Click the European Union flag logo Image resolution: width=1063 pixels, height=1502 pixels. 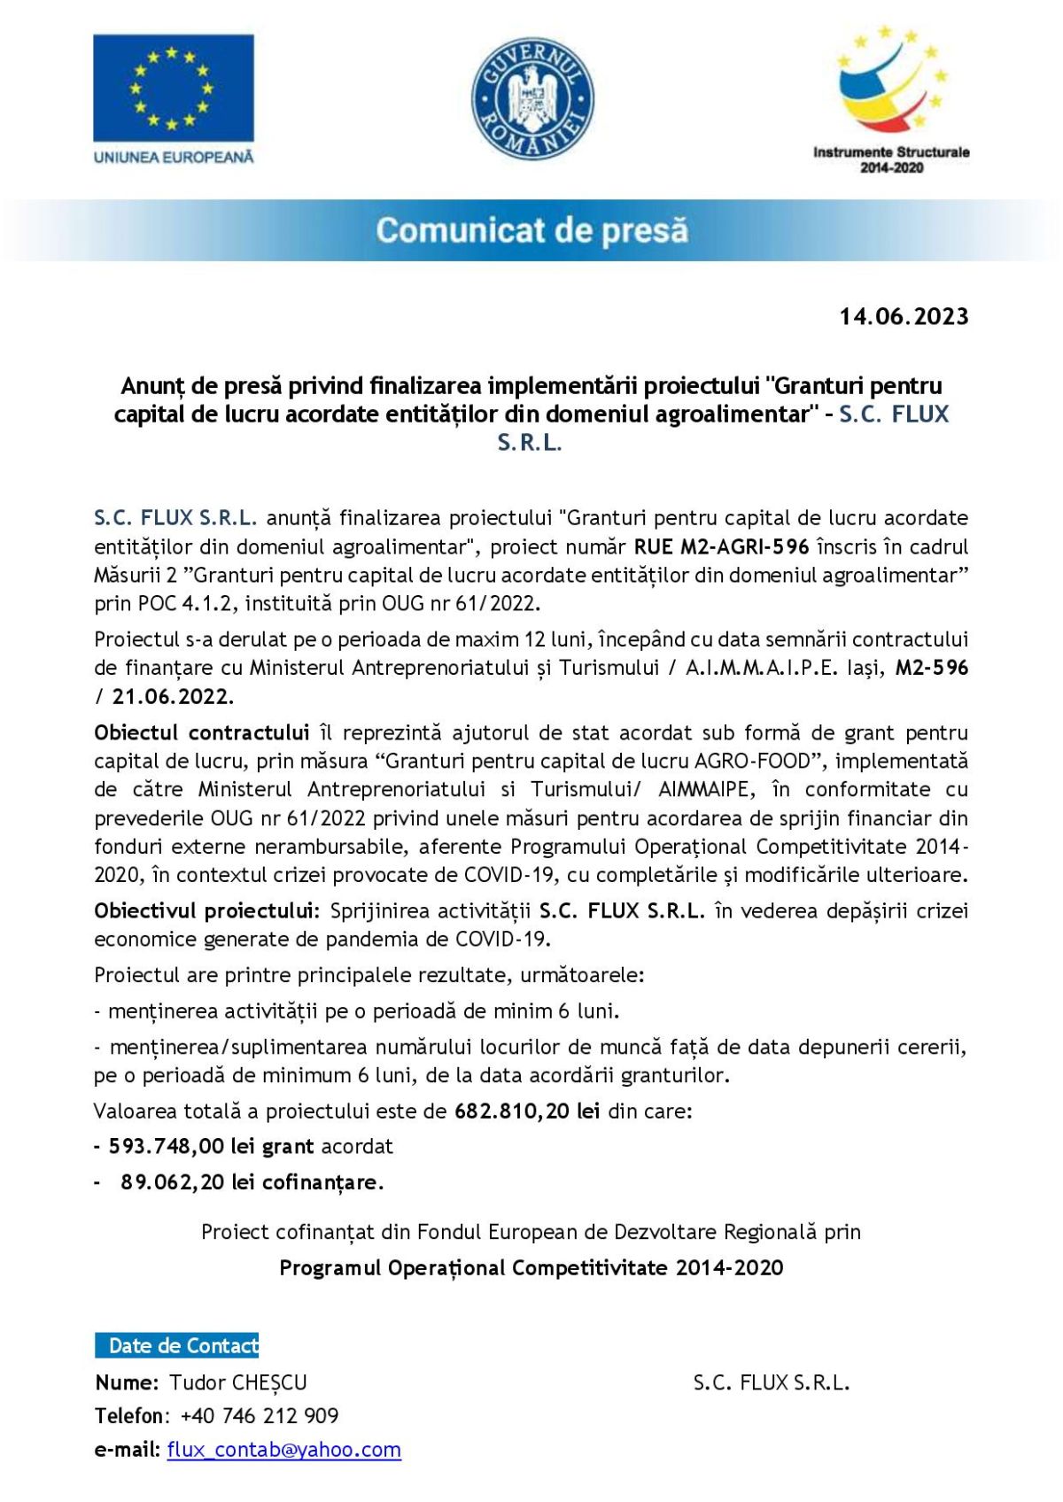tap(174, 88)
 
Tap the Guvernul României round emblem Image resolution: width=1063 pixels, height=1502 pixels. tap(532, 99)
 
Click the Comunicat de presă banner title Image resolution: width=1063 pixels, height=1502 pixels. tap(531, 230)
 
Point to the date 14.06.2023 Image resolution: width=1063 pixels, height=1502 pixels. tap(904, 317)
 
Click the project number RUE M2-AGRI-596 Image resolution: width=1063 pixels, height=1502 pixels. tap(721, 546)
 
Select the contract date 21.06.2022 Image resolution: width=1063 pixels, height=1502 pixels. tap(173, 696)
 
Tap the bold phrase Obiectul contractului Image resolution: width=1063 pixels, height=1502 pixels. tap(202, 732)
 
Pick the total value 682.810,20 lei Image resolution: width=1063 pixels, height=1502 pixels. tap(527, 1111)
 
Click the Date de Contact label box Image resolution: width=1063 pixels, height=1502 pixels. tap(177, 1345)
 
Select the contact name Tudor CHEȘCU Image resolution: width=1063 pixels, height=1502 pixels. tap(238, 1382)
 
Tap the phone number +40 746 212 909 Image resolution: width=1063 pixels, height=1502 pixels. tap(260, 1416)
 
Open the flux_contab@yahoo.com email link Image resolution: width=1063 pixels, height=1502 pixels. tap(283, 1450)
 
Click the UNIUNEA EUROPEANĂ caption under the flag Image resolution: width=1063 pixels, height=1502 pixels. tap(174, 157)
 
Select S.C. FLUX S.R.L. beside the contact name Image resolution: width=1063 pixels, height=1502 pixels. tap(771, 1382)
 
